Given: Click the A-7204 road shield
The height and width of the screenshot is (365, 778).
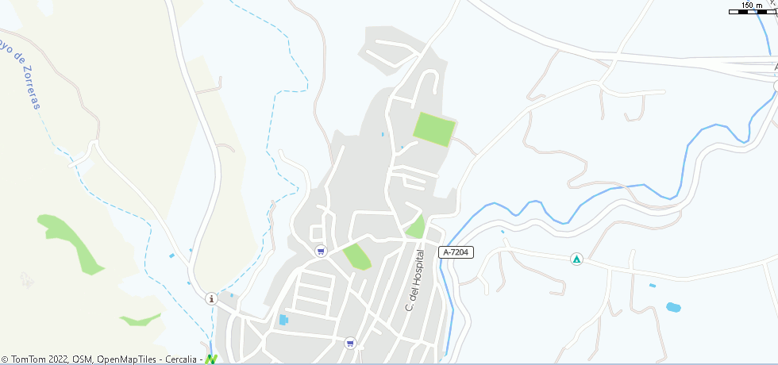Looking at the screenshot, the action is click(x=456, y=252).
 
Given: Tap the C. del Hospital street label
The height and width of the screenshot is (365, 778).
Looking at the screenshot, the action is click(x=415, y=279).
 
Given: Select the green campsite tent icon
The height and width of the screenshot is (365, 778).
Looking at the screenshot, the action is click(x=576, y=259).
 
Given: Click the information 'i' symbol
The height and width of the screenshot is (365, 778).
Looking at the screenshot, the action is click(x=210, y=298).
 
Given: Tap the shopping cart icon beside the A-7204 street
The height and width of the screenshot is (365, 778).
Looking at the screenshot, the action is click(x=321, y=252).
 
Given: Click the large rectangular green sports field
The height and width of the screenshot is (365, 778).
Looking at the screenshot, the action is click(x=434, y=129).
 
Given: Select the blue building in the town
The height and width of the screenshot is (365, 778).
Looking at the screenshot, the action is click(x=283, y=320).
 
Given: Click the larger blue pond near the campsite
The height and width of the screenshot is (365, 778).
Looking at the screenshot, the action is click(x=673, y=307).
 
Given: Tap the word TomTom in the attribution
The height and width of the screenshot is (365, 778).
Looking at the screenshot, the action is click(x=29, y=359).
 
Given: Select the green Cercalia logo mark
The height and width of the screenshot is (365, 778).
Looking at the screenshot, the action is click(x=211, y=359).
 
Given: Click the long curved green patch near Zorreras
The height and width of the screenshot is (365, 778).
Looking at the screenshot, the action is click(x=75, y=242).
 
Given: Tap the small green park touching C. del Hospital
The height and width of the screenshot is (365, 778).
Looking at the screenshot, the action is click(x=414, y=228).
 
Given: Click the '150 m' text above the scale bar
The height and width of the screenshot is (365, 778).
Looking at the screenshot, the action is click(x=752, y=6).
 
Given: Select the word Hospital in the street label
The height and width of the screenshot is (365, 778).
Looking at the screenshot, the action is click(x=415, y=271).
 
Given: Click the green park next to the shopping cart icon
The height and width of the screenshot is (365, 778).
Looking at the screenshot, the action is click(x=356, y=256).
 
